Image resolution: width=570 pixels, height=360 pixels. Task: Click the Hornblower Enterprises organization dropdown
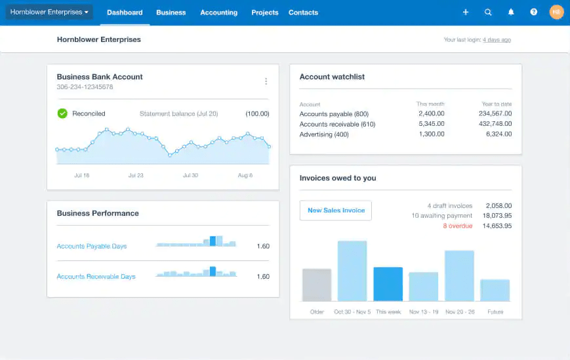(x=49, y=12)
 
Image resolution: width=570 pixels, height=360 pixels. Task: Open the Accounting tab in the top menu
(x=218, y=12)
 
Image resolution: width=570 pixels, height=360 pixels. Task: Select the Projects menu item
(x=264, y=12)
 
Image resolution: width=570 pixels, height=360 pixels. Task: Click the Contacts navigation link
(x=303, y=12)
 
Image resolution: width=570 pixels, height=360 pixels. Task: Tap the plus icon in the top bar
(x=466, y=12)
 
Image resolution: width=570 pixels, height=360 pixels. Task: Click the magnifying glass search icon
(x=488, y=12)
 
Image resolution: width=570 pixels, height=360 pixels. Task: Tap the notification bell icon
(x=511, y=12)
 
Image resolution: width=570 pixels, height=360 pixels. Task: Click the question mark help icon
(x=534, y=12)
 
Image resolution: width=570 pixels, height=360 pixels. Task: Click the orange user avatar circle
(x=556, y=12)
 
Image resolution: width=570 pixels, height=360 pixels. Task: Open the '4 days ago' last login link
(x=497, y=40)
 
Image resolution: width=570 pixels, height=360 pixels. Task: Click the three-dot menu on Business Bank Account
(x=266, y=81)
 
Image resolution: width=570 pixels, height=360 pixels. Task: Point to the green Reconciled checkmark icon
(x=62, y=113)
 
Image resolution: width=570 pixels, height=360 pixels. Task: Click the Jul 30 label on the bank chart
(x=190, y=176)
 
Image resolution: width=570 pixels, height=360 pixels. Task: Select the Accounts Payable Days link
(x=92, y=247)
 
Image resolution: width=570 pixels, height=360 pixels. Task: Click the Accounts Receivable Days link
(x=96, y=277)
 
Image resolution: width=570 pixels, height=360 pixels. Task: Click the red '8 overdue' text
(x=457, y=226)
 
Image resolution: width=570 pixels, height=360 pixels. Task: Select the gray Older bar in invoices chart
(x=317, y=285)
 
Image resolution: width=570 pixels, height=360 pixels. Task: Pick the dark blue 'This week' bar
(x=388, y=284)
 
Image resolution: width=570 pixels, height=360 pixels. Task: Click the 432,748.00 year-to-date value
(x=495, y=124)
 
